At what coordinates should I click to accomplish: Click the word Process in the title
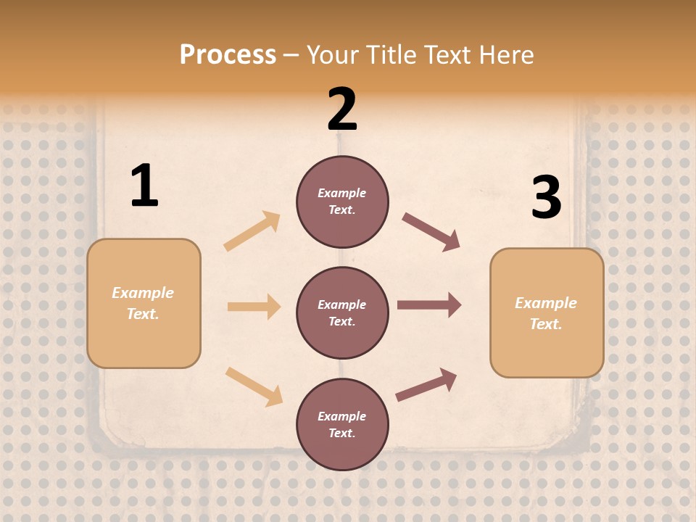click(x=228, y=55)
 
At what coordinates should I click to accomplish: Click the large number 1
click(x=144, y=186)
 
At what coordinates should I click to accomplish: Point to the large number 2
click(x=342, y=109)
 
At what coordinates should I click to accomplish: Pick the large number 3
click(x=546, y=197)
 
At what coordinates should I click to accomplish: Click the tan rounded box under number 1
click(x=144, y=303)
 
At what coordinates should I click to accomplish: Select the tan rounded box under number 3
click(x=547, y=313)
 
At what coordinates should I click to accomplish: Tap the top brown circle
click(x=342, y=202)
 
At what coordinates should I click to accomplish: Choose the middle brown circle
click(x=342, y=312)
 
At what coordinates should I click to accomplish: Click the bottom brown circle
click(x=342, y=424)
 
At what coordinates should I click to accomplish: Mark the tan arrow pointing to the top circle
click(x=252, y=231)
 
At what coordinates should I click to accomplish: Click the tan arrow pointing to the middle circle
click(x=254, y=307)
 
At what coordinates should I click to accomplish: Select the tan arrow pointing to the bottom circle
click(x=254, y=386)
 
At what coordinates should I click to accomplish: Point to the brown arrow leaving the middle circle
click(x=429, y=305)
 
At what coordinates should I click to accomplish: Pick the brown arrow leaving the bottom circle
click(x=426, y=385)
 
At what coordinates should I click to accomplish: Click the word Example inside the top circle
click(x=342, y=193)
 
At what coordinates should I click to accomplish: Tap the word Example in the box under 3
click(x=546, y=303)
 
